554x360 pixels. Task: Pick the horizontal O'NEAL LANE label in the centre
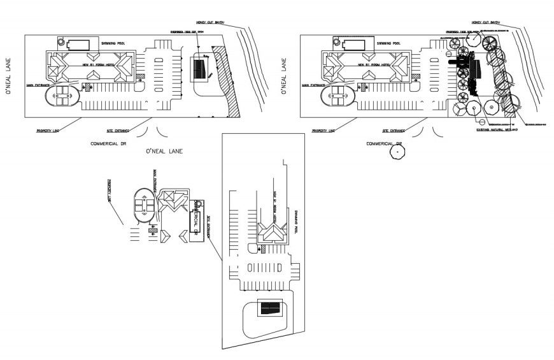[164, 151]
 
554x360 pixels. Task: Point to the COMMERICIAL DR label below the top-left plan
[110, 145]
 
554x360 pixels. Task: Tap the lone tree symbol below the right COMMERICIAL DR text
[399, 154]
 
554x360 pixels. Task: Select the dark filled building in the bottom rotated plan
[269, 308]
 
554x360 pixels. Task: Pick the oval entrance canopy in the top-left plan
[62, 99]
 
